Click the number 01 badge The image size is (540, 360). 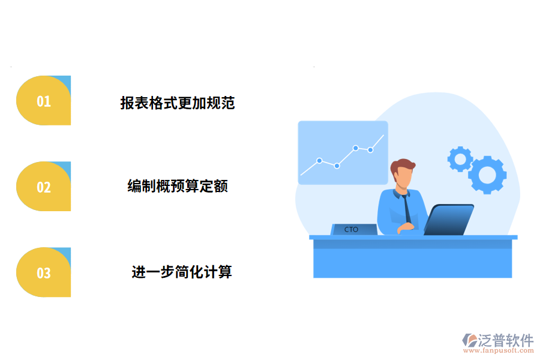point(44,101)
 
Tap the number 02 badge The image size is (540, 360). point(44,187)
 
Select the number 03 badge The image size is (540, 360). point(44,273)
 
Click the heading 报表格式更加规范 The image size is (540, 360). point(177,103)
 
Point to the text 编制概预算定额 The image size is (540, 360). point(178,186)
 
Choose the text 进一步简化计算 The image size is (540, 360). point(182,272)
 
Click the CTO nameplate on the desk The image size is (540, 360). point(353,229)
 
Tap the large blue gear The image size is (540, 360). point(487,174)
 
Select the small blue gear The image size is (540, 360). point(460,158)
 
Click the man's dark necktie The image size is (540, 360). point(407,208)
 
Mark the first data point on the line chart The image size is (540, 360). point(319,160)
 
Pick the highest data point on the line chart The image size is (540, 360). point(356,148)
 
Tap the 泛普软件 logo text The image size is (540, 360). point(505,340)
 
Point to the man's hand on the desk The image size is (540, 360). point(407,227)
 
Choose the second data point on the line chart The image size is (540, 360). point(337,166)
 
